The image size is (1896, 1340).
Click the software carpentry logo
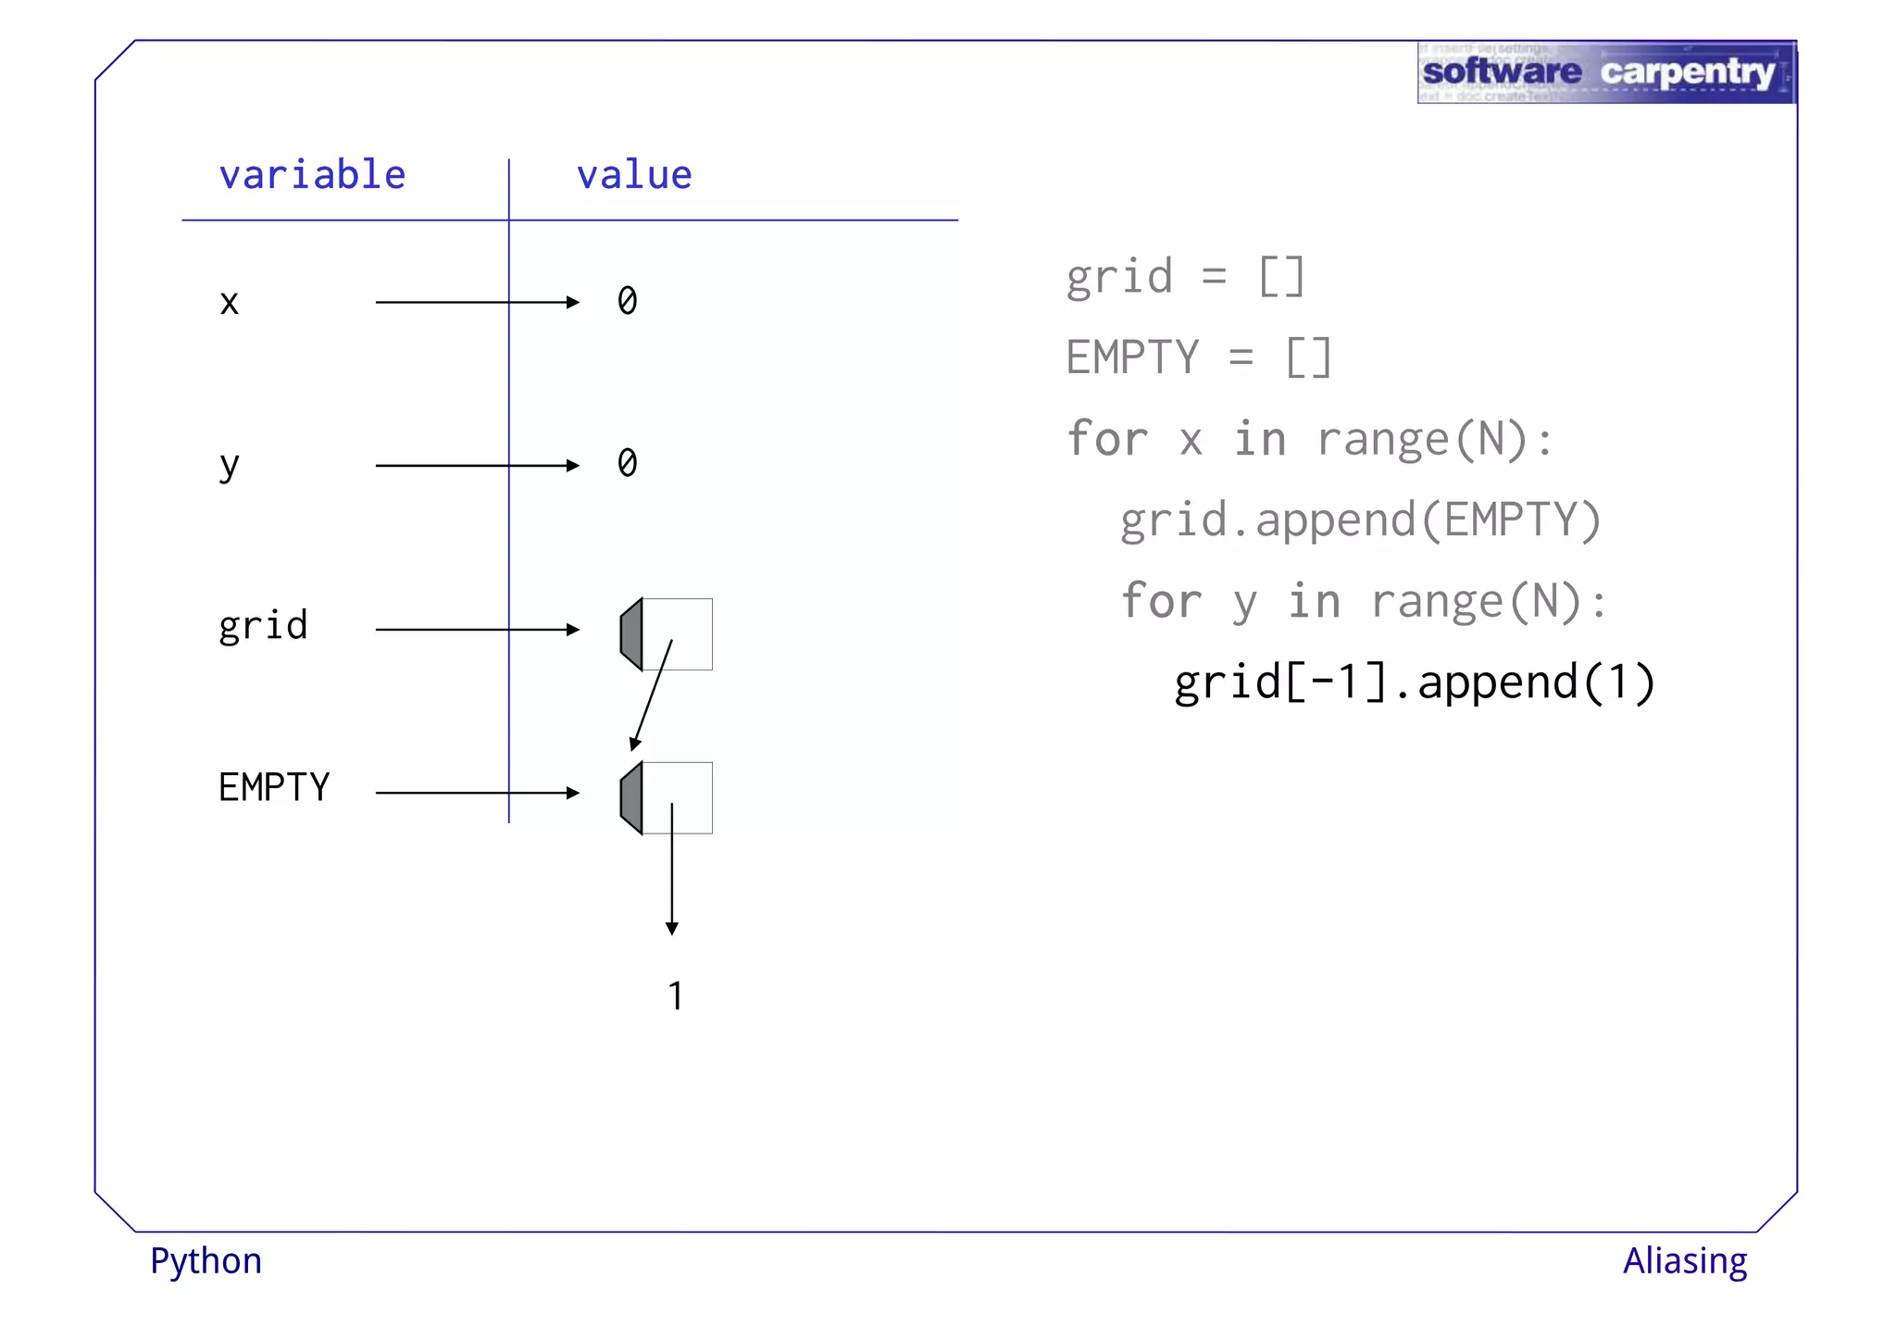(x=1605, y=72)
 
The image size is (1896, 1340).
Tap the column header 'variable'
(x=312, y=175)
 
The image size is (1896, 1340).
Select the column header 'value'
(x=634, y=175)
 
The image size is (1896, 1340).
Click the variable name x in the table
(x=230, y=303)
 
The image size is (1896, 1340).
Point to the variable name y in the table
(x=230, y=465)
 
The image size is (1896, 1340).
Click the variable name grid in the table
(x=263, y=627)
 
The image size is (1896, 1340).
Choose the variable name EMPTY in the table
(x=274, y=788)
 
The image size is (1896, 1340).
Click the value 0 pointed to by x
(x=628, y=301)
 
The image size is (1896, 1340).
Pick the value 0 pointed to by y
(x=628, y=463)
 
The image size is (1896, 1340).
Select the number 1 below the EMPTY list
(x=676, y=996)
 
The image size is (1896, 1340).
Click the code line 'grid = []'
(x=1185, y=277)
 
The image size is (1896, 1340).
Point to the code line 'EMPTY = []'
(x=1198, y=357)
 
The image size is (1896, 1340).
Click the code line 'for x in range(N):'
(x=1309, y=439)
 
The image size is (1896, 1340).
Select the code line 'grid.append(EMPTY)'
(x=1360, y=520)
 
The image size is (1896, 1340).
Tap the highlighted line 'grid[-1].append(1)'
(x=1415, y=683)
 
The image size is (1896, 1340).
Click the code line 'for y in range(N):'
(x=1364, y=601)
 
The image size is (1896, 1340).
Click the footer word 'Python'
(x=206, y=1261)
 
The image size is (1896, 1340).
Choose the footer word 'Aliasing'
(x=1685, y=1261)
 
